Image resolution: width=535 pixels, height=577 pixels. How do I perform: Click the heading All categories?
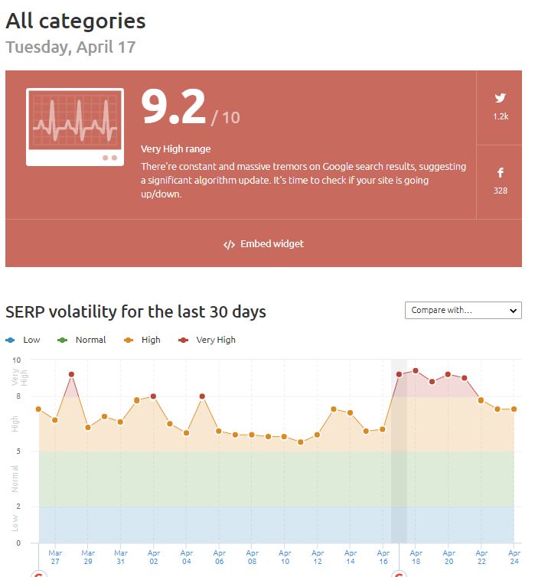point(76,21)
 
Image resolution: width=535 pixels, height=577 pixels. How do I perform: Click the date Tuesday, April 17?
point(70,47)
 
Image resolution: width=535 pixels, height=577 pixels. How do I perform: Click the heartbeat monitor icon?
point(74,127)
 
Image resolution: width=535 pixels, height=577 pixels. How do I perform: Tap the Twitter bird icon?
point(500,98)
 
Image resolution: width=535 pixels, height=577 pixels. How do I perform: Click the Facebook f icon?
point(500,173)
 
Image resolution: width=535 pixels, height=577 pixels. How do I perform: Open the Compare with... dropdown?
point(463,310)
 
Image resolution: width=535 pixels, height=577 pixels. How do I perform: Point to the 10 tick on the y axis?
point(17,360)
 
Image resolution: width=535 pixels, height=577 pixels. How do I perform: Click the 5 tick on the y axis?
point(18,451)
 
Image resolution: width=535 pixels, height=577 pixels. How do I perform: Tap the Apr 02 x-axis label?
point(154,556)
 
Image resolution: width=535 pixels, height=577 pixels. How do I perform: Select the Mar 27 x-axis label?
point(55,556)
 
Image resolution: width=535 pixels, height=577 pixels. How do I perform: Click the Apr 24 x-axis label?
point(514,556)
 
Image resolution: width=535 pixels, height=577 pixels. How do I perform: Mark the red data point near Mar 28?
point(71,374)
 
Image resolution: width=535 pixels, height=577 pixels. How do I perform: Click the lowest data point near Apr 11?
point(301,442)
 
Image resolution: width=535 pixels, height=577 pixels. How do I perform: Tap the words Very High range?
point(175,149)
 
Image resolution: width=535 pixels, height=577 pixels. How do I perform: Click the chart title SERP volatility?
point(135,312)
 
